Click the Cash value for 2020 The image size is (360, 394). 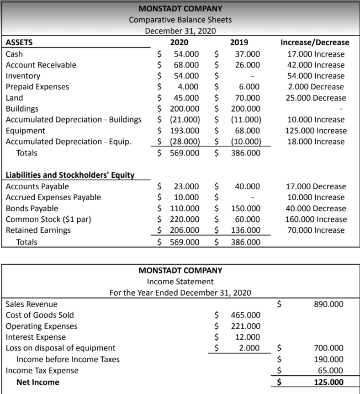186,54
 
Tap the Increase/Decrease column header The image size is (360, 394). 315,43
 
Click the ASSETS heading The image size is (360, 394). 19,43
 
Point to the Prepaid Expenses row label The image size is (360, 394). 37,87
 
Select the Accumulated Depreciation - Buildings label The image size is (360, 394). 74,120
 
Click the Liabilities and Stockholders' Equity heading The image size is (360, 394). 70,175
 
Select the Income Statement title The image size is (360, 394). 180,282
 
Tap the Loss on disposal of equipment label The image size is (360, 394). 60,348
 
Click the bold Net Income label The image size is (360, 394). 37,382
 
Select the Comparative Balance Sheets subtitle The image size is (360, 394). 180,20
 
